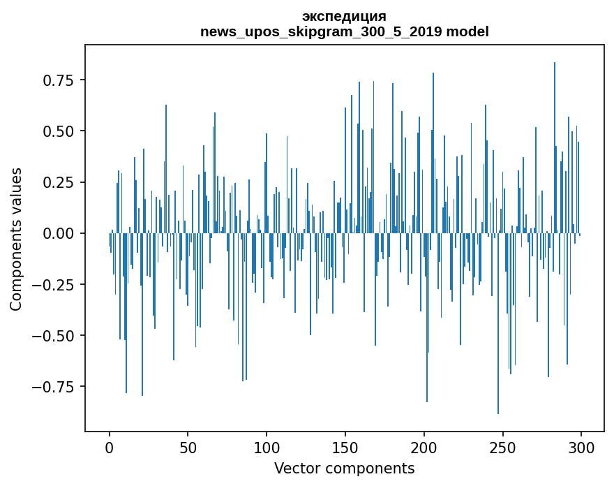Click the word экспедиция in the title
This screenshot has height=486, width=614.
344,17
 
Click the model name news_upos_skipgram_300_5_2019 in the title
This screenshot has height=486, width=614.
322,32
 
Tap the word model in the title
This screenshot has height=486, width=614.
467,32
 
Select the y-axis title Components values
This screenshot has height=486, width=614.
16,239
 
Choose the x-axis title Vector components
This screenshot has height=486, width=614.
344,469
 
